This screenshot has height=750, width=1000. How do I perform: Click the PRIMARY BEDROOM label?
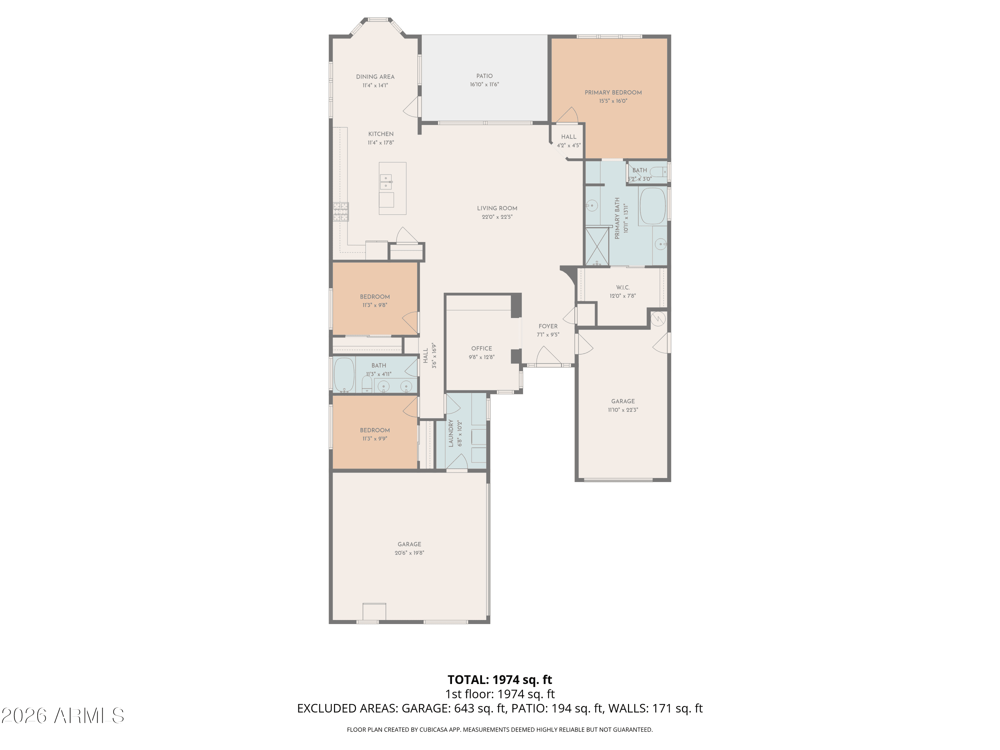pos(613,93)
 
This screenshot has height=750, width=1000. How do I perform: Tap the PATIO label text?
pos(484,76)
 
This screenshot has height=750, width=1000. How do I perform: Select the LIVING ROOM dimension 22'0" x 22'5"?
pos(497,217)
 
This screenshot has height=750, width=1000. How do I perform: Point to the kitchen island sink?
pos(386,182)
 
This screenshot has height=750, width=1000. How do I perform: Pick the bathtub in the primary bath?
pos(652,206)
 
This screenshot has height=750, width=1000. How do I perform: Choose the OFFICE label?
pos(481,349)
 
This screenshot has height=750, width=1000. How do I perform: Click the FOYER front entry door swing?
pos(548,355)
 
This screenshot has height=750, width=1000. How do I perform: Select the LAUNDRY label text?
pos(451,433)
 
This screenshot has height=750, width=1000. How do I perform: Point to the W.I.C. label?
pos(623,288)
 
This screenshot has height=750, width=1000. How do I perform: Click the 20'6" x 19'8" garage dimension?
pos(409,553)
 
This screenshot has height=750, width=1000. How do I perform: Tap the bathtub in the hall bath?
pos(344,375)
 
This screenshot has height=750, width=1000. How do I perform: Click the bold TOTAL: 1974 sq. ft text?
pos(500,679)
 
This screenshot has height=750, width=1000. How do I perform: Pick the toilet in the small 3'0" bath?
pos(659,172)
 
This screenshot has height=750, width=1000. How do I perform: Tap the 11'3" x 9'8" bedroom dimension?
pos(375,305)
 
